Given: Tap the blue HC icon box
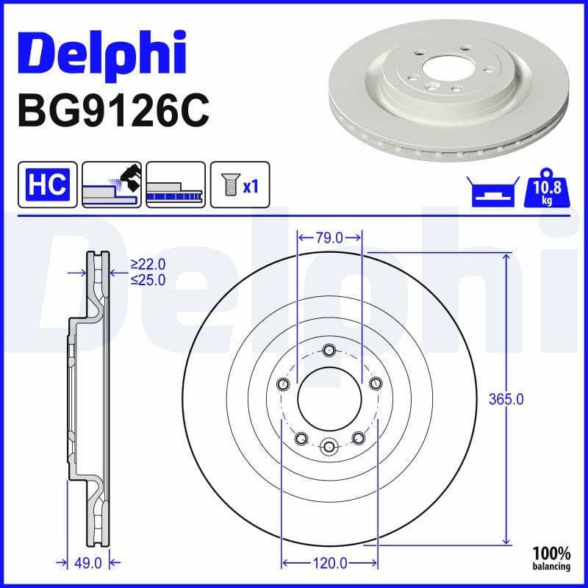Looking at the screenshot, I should (47, 183).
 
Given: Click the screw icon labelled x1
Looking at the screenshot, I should (240, 183).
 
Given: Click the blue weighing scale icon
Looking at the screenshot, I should (490, 192).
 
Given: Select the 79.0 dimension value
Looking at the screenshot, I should (329, 237).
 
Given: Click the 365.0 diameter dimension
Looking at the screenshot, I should (506, 400).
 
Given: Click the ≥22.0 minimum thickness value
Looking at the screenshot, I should (148, 264).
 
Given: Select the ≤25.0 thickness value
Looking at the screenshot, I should (148, 279).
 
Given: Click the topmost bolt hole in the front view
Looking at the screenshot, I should (329, 350).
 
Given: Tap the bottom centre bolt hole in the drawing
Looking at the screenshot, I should (329, 445).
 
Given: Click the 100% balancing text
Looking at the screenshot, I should (551, 559).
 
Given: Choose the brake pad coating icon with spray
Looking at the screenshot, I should (111, 183).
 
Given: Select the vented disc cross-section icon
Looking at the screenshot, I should (175, 183).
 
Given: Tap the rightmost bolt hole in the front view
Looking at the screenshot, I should (376, 384).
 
